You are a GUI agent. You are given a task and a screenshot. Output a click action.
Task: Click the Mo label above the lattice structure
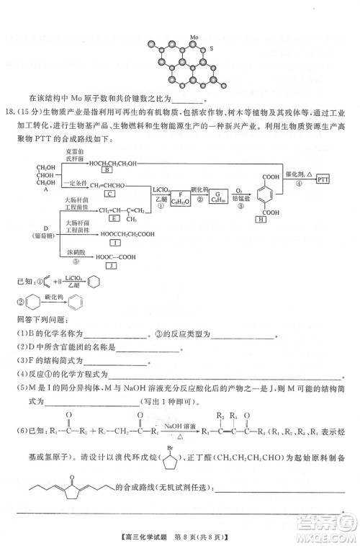click(x=194, y=35)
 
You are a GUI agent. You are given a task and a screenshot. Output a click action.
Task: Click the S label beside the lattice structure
click(x=212, y=48)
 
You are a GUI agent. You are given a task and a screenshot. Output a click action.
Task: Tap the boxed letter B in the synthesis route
click(x=107, y=170)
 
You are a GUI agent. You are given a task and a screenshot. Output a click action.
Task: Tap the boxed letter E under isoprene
click(x=114, y=218)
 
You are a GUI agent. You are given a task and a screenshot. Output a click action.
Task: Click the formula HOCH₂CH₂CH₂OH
click(x=115, y=163)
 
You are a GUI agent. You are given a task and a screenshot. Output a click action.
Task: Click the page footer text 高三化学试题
click(x=150, y=529)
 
